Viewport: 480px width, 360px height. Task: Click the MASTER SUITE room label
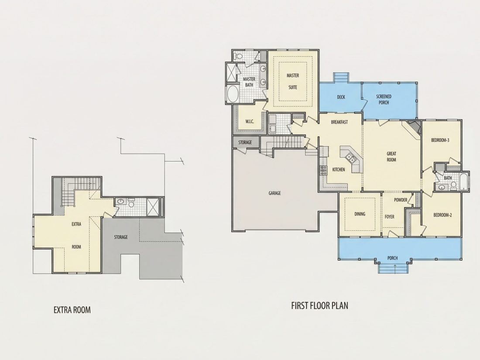coord(293,81)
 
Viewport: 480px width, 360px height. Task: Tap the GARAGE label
coord(274,193)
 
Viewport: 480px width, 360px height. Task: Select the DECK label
coord(341,97)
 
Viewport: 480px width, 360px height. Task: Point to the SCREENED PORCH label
coord(384,99)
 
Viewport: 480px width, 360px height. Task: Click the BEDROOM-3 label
coord(440,141)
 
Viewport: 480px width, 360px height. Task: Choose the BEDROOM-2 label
coord(442,215)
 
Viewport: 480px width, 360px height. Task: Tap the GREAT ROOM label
coord(391,156)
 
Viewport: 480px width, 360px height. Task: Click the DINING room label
coord(360,214)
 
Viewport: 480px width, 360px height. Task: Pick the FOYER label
coord(389,217)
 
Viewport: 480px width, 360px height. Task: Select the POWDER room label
coord(401,200)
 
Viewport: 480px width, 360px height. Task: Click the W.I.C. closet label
coord(250,121)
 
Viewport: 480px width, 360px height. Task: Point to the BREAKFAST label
coord(339,122)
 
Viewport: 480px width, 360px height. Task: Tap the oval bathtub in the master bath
coord(233,94)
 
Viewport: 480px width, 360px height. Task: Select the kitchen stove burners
coord(323,170)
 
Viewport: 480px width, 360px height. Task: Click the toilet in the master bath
coord(237,56)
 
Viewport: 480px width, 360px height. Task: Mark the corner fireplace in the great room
coord(414,127)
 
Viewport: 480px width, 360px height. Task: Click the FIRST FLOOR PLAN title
coord(319,305)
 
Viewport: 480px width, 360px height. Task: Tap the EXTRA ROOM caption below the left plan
coord(72,310)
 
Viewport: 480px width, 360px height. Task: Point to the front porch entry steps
coord(393,268)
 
